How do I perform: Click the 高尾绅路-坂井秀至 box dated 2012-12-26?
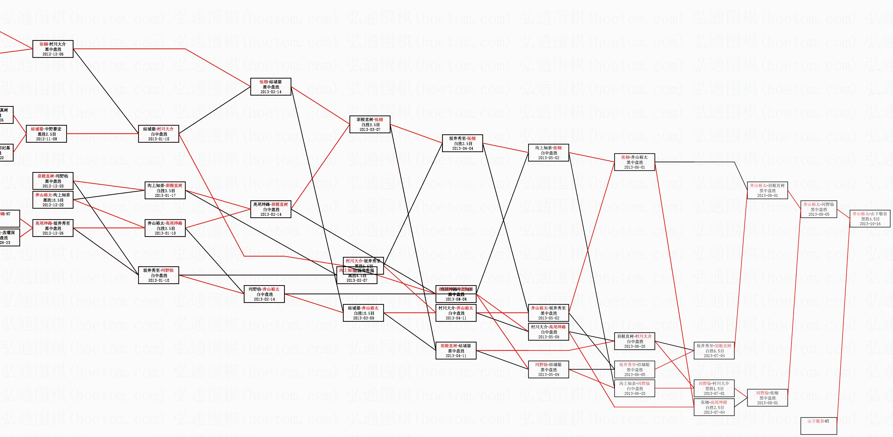(53, 228)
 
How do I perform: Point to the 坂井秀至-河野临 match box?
(159, 275)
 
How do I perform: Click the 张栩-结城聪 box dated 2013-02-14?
(270, 87)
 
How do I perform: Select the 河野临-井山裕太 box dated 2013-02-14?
(264, 294)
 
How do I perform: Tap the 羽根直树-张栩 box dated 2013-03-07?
(370, 125)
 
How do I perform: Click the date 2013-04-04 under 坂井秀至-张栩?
(462, 148)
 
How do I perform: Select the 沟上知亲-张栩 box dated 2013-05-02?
(548, 153)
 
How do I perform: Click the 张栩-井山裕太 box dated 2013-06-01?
(634, 162)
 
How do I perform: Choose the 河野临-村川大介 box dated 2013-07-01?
(714, 388)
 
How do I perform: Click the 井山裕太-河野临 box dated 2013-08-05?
(819, 209)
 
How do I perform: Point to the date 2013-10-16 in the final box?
(870, 224)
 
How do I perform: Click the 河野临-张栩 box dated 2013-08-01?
(767, 398)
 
